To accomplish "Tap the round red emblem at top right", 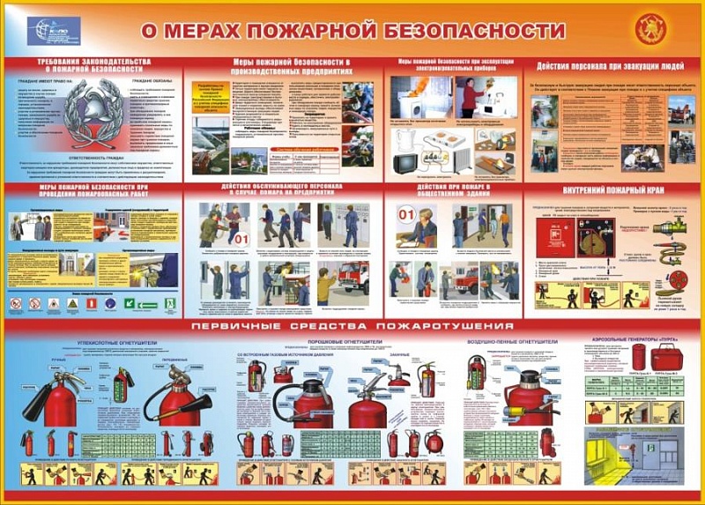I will pyautogui.click(x=651, y=30).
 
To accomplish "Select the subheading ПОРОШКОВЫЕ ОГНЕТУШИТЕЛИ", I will pyautogui.click(x=343, y=341).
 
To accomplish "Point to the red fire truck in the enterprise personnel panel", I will pyautogui.click(x=352, y=276).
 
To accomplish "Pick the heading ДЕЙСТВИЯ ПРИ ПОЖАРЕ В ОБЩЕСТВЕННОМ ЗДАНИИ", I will pyautogui.click(x=454, y=191).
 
